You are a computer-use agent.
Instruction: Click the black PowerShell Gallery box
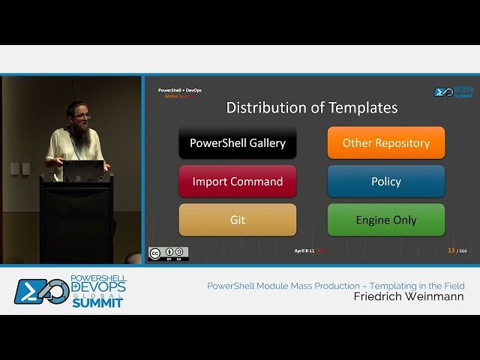237,142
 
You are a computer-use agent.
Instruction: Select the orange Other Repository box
385,142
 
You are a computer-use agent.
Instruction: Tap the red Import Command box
237,181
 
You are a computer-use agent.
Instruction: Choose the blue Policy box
385,181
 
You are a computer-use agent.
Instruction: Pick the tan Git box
237,220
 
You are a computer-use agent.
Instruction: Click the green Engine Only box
385,220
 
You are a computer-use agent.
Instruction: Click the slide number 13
451,250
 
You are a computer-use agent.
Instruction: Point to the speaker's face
82,115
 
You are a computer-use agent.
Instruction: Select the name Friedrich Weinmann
409,297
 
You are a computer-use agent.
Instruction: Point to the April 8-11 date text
304,250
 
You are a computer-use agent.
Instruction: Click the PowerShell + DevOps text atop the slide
179,90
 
